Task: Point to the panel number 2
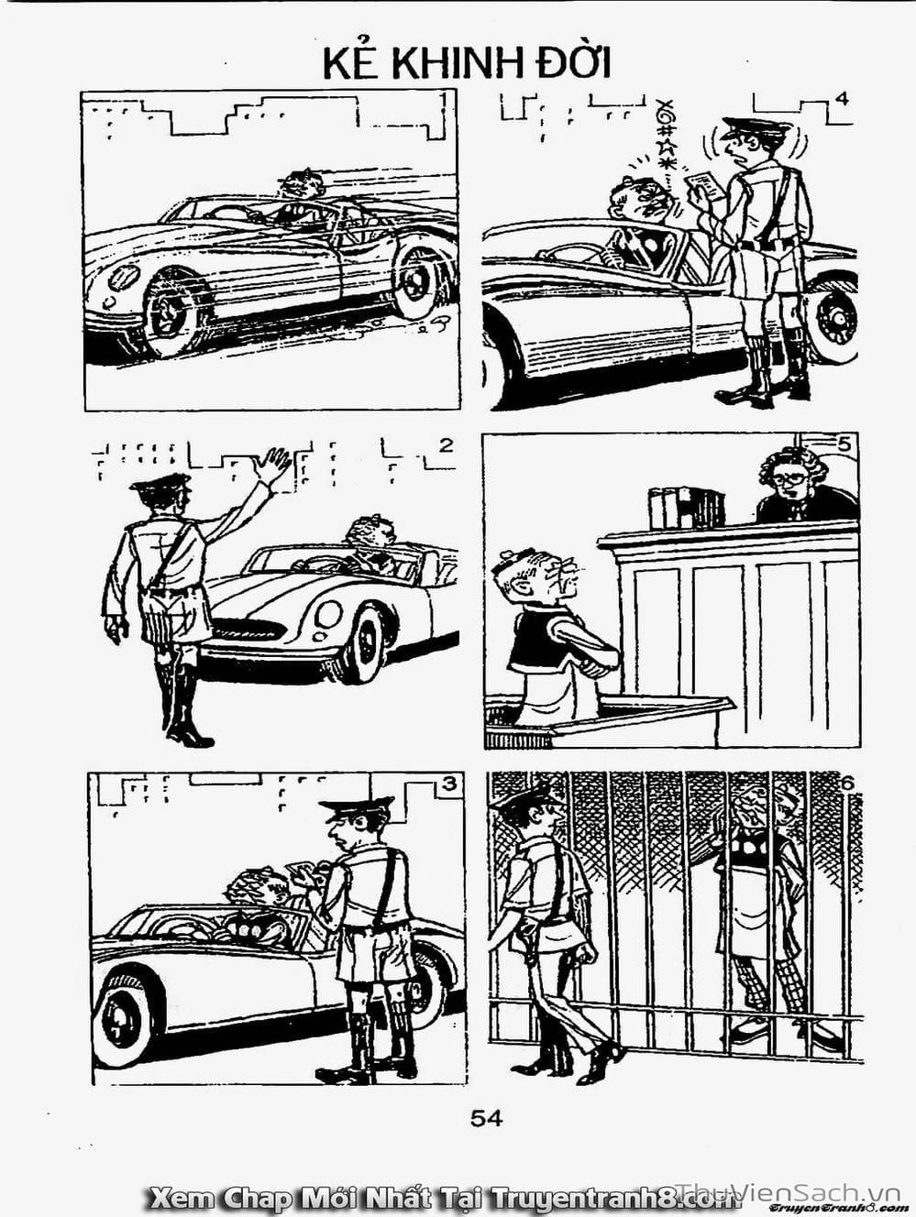[446, 445]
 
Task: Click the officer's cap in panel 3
[355, 808]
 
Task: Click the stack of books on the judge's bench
[687, 507]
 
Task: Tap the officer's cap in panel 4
[756, 126]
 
